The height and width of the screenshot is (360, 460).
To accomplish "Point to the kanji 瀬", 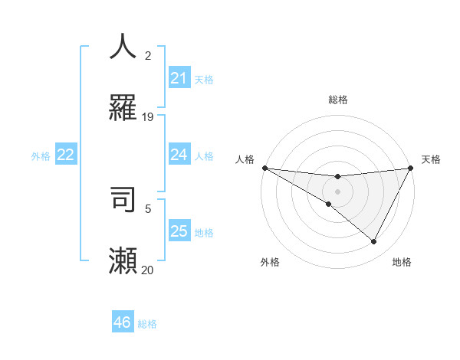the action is [123, 260].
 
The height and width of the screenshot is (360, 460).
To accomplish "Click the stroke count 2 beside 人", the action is [148, 56].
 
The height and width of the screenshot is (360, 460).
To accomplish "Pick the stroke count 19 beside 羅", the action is [148, 117].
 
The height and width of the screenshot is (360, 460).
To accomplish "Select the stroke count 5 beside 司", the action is [148, 208].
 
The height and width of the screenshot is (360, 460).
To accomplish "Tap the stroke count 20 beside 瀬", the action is [147, 270].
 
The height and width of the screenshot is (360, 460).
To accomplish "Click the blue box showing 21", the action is [179, 78].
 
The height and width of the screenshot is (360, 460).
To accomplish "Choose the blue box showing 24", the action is [179, 155].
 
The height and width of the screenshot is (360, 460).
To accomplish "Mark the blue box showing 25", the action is [179, 231].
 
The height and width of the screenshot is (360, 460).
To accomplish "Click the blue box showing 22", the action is [66, 155].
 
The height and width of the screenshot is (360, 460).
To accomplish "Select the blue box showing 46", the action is [122, 322].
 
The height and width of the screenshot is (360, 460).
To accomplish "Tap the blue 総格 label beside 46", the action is [147, 324].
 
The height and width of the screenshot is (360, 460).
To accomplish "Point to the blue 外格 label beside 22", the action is [41, 156].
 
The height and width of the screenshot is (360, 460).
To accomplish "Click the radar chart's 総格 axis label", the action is [337, 100].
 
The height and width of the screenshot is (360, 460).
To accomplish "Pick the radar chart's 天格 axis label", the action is [431, 159].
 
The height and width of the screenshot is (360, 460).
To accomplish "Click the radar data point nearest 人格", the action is [264, 168].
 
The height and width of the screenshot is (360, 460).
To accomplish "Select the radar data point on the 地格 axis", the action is [374, 242].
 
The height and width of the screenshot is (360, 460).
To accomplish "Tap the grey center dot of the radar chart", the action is [337, 191].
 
